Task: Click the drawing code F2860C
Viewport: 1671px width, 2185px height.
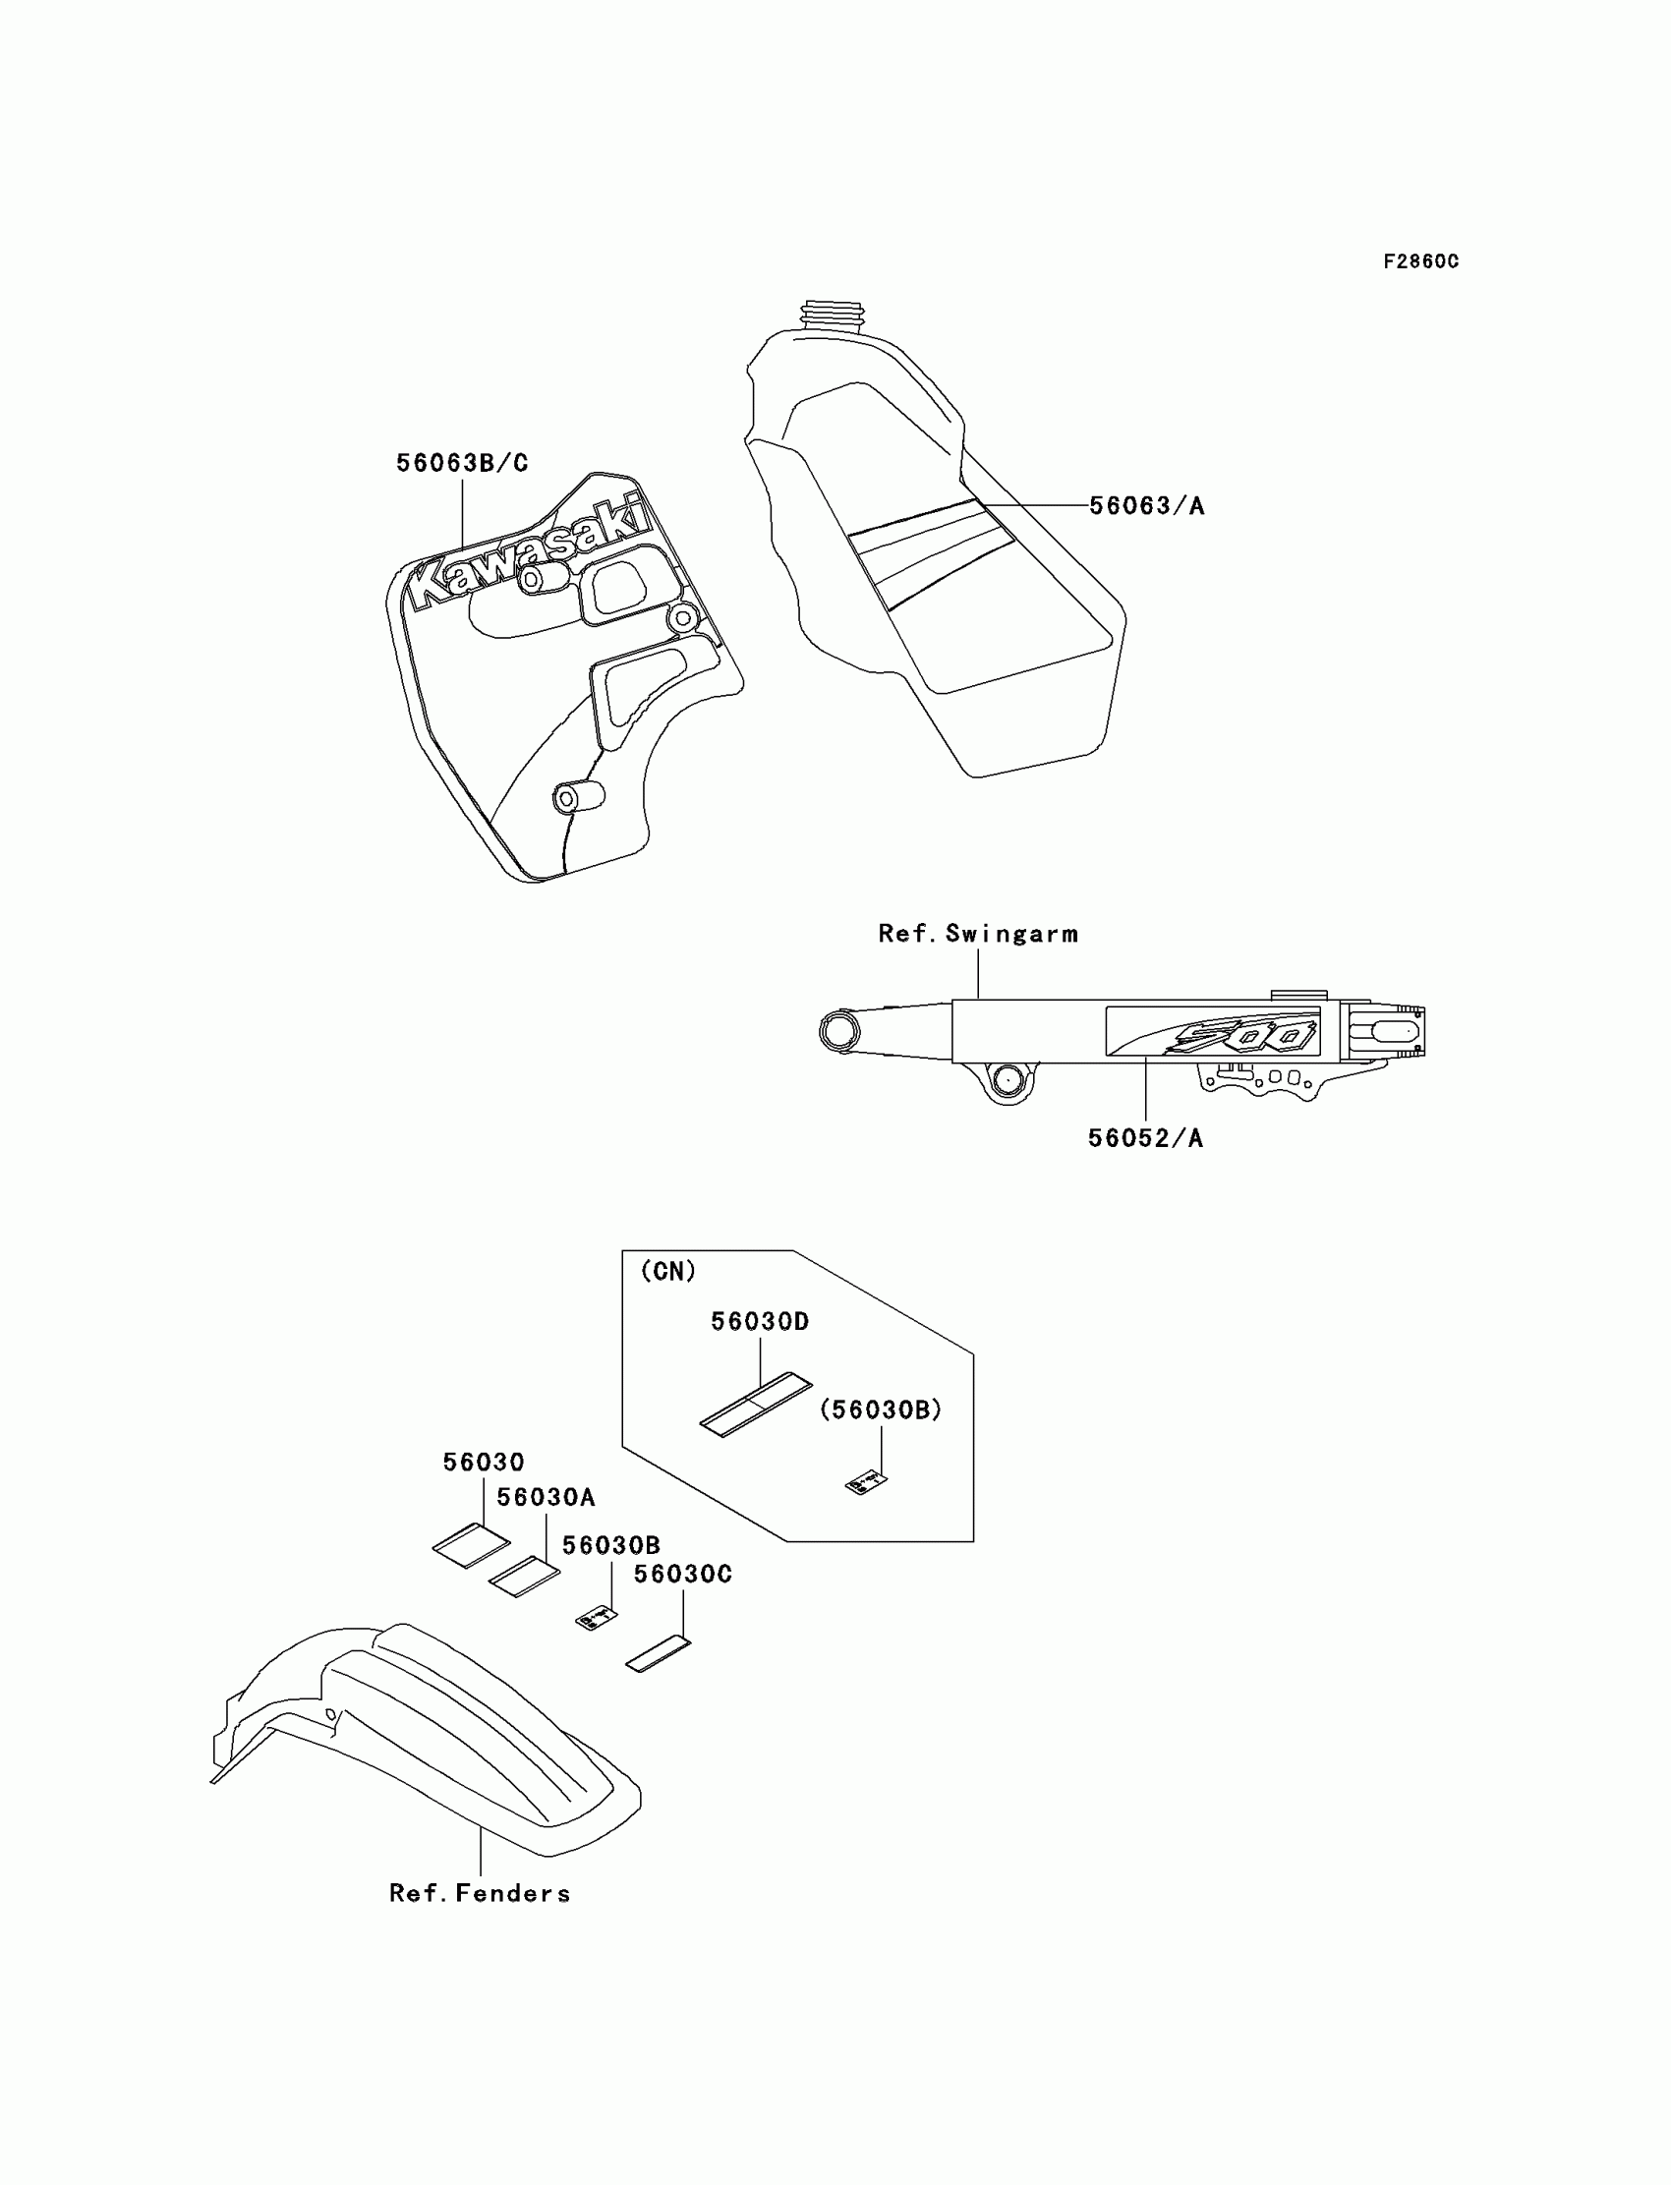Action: coord(1420,261)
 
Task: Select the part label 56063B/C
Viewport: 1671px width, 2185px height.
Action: coord(462,464)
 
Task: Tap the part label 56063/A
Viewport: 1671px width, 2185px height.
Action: coord(1146,506)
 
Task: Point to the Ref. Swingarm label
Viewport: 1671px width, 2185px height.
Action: coord(978,934)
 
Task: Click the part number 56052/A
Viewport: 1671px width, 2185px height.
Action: coord(1145,1139)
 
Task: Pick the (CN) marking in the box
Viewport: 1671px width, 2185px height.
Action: coord(668,1271)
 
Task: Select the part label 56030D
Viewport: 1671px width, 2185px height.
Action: coord(760,1322)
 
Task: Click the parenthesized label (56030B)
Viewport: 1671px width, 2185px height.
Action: coord(881,1410)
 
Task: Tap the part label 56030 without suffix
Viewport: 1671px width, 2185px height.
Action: coord(484,1462)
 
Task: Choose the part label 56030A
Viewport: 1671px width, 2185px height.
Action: coord(547,1497)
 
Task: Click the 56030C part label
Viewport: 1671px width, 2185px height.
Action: coord(682,1575)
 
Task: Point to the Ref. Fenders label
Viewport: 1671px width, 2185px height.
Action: coord(480,1894)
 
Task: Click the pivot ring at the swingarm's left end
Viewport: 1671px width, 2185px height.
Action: coord(836,1031)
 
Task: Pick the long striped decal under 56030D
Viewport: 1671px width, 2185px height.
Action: coord(756,1405)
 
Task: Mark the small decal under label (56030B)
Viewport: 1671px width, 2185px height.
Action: coord(866,1483)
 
